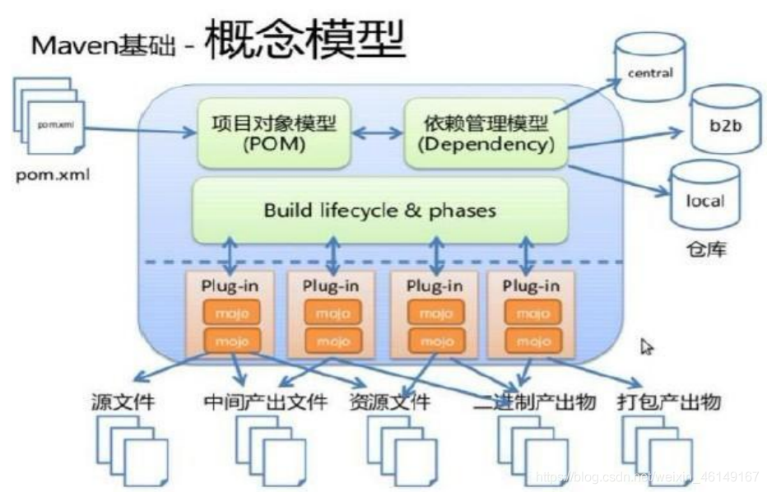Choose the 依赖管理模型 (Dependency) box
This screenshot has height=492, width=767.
[485, 132]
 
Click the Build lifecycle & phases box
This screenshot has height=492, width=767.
[379, 211]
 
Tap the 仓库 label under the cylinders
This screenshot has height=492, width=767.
[705, 249]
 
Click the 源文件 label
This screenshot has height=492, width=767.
[123, 402]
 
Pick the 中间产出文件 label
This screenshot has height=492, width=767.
[265, 402]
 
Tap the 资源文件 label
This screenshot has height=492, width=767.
[389, 402]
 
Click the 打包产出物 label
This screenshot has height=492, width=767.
[668, 402]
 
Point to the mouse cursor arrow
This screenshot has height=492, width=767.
[647, 347]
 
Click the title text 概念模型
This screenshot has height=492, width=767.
[304, 40]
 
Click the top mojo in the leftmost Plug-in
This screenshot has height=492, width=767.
[230, 313]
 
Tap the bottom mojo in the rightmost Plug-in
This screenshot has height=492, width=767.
[532, 341]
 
